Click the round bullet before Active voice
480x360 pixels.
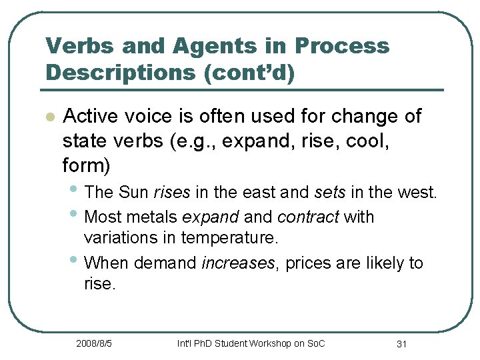tap(48, 117)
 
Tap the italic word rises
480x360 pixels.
tap(172, 193)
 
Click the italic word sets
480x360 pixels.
tap(331, 193)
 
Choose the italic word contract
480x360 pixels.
tap(307, 217)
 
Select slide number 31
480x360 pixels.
tap(402, 343)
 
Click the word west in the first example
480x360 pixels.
tap(418, 193)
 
